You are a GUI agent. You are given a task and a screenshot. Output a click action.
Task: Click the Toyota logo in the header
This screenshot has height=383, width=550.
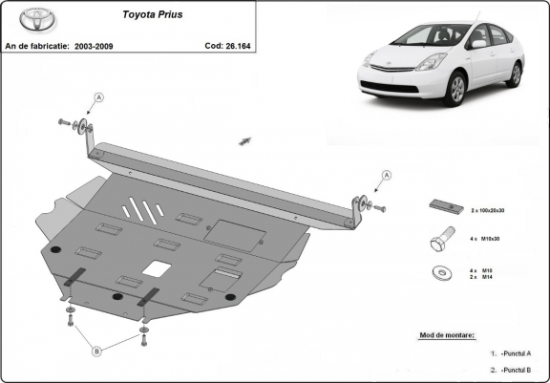point(21,20)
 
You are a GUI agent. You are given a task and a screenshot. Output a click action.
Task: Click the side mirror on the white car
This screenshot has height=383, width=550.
point(477,43)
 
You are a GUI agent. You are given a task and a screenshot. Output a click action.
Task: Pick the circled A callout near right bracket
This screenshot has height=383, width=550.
point(387,175)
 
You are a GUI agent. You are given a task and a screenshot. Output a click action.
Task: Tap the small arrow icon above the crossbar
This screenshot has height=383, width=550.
point(244,140)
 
